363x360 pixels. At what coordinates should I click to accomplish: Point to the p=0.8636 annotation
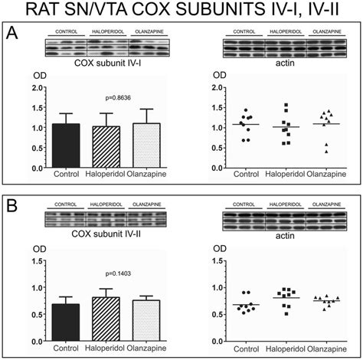(102, 100)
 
